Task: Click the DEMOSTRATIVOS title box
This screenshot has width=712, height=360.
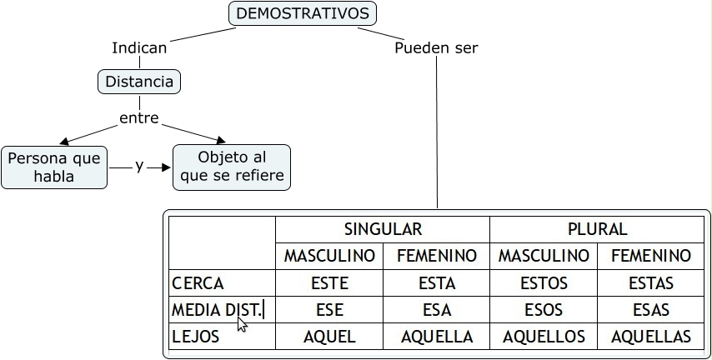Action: [302, 13]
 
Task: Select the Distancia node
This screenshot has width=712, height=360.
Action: [139, 82]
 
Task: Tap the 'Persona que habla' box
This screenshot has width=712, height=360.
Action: [54, 167]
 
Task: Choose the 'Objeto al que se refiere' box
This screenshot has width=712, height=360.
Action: [231, 167]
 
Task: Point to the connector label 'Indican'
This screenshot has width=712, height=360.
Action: [139, 47]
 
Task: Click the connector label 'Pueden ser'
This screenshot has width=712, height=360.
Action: [436, 47]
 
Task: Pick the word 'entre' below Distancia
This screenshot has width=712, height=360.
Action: [138, 118]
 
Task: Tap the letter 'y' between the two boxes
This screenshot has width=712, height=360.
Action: [139, 166]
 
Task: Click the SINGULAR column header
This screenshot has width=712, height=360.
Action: [383, 229]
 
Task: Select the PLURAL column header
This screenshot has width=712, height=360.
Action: [596, 229]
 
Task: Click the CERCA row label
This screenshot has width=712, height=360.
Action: [198, 283]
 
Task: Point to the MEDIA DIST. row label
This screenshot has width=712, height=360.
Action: [217, 310]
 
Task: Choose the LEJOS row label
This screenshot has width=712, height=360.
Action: [196, 337]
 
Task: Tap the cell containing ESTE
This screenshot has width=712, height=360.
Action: [329, 283]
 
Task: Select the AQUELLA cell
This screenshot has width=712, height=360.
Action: [437, 337]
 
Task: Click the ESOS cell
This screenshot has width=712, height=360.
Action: [544, 310]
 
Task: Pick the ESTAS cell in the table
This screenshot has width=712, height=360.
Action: [651, 283]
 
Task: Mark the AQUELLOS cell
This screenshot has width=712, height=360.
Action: [544, 337]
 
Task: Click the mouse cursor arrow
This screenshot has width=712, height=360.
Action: [243, 324]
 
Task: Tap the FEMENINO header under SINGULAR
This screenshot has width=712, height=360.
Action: [437, 256]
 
